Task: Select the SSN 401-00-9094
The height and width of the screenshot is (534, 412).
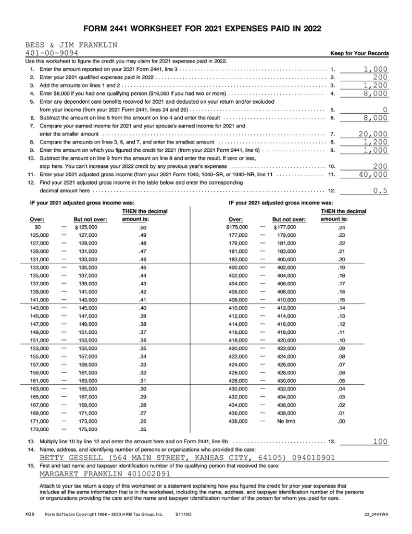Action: [52, 53]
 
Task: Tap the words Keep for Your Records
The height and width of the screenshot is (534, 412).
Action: [359, 53]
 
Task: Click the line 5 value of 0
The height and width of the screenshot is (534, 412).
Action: [385, 110]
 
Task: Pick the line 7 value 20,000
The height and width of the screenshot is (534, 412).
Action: [373, 134]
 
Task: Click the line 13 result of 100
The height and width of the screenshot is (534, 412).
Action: [380, 442]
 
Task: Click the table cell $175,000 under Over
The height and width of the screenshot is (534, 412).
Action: [237, 227]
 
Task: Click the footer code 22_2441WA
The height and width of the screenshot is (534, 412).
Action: [377, 514]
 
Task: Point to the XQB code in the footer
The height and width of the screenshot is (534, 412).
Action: [30, 514]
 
